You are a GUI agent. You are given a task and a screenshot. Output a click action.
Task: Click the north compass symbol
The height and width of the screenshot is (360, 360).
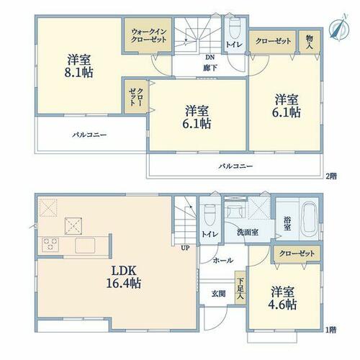338,27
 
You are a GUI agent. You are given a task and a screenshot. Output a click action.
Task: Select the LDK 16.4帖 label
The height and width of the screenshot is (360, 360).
124,277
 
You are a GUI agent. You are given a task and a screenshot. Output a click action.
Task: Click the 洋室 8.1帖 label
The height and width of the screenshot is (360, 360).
78,66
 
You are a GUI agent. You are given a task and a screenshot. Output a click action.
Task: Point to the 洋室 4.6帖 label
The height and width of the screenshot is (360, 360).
282,298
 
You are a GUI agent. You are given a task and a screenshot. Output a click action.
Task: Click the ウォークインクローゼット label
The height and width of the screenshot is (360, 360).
149,35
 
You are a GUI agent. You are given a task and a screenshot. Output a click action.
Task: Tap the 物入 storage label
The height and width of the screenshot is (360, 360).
310,42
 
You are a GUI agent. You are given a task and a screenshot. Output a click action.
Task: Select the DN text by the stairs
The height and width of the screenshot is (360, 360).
210,58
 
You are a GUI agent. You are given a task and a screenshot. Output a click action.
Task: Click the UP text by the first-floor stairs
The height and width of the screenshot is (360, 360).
186,248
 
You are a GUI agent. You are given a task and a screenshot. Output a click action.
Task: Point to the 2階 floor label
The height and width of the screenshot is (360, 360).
331,176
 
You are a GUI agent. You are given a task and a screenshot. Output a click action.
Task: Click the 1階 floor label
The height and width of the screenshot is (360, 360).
331,330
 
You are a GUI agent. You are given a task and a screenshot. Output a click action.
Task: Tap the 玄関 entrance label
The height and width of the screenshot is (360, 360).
218,294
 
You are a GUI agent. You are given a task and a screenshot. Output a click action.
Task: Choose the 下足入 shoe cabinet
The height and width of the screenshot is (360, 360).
240,288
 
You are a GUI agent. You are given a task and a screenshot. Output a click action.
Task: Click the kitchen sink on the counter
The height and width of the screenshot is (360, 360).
85,245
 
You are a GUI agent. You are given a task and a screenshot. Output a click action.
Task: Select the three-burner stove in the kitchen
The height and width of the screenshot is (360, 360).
50,244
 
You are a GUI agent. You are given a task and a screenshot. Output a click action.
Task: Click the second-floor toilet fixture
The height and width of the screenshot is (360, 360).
234,28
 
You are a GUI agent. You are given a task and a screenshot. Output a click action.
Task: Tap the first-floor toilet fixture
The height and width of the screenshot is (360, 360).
209,215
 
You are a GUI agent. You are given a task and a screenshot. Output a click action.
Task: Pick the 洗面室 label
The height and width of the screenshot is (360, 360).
248,232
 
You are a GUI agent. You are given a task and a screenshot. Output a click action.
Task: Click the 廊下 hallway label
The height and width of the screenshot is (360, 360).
210,68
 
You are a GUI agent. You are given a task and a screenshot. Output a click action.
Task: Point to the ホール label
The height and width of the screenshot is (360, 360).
223,260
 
